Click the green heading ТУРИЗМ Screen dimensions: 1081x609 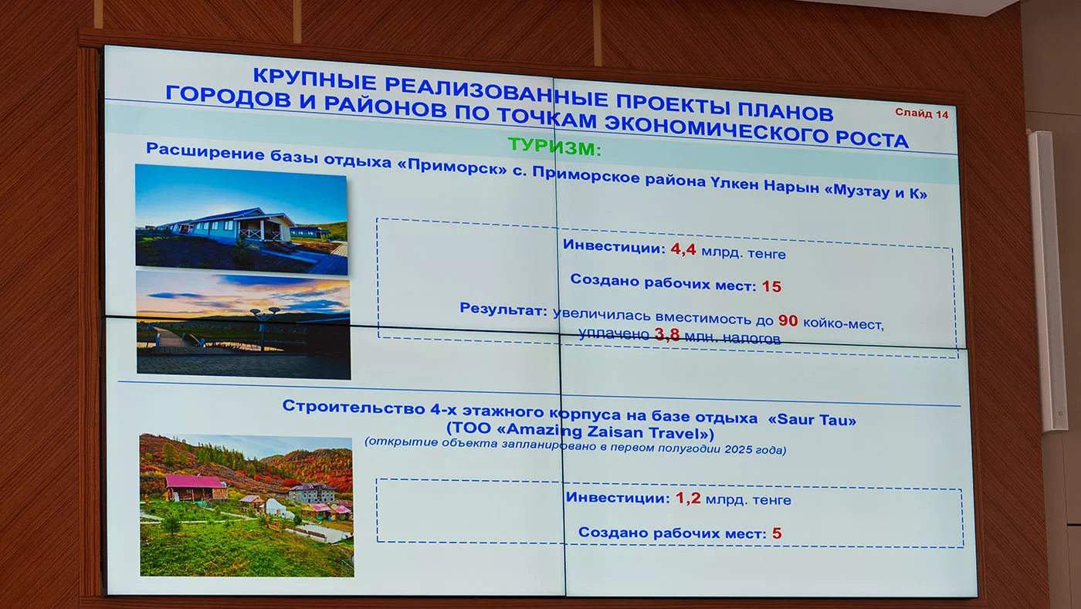554,147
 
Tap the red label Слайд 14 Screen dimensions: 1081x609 921,113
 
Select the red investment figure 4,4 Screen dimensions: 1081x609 683,249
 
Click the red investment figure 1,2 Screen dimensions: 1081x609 688,498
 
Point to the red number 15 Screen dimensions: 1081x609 771,286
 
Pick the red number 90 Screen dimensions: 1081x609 788,320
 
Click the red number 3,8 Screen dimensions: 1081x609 667,333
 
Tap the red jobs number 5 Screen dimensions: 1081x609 777,533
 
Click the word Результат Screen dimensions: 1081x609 503,309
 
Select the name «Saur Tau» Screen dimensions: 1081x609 812,419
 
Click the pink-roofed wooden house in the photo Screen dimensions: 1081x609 195,487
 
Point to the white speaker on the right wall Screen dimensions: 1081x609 1047,281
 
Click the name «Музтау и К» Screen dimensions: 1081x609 876,191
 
